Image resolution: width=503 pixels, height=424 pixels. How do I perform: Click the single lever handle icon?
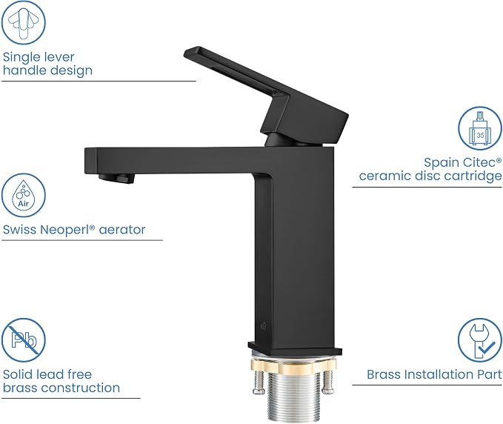coord(24,22)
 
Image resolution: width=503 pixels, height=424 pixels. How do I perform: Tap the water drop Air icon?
coord(24,196)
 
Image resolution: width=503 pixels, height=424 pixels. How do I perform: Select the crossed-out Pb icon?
coord(24,340)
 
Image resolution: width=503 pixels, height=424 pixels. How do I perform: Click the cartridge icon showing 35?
coord(480,128)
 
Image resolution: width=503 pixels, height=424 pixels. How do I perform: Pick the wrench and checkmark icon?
coord(480,340)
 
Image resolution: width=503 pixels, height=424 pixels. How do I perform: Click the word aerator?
coord(122,230)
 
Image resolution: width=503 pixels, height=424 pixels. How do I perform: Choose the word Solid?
coord(18,374)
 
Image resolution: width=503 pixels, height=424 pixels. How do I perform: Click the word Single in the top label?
coord(21,58)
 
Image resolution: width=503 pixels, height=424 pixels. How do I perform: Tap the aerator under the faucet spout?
coord(116,178)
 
